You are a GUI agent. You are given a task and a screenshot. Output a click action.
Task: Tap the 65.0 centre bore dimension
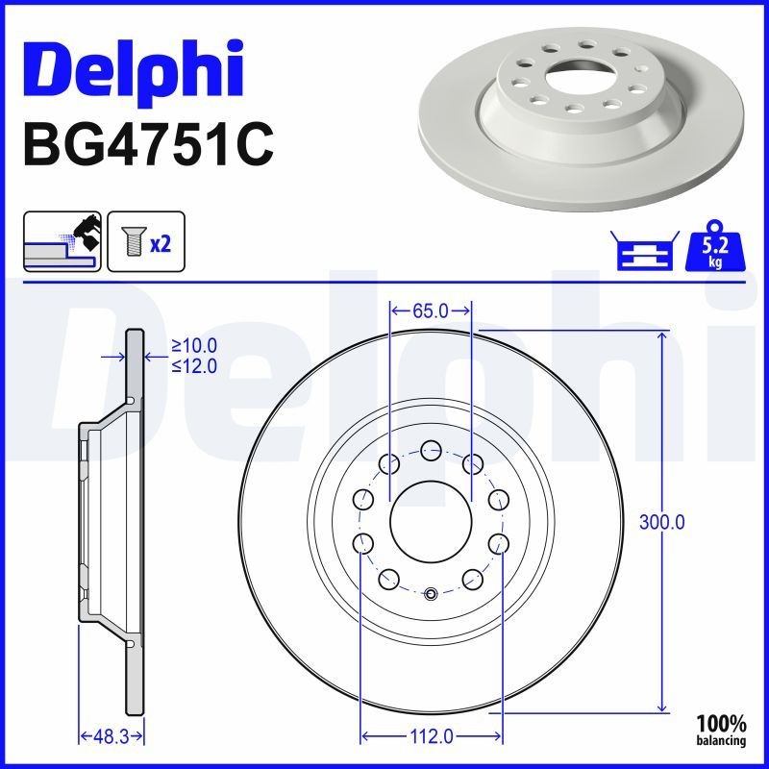click(430, 310)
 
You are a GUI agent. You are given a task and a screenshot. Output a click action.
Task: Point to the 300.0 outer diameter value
click(662, 523)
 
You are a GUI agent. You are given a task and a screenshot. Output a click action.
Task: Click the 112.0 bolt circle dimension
click(430, 736)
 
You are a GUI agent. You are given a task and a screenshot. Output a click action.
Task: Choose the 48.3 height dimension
click(112, 736)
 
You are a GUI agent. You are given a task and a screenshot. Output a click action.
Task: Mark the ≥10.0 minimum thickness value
click(194, 345)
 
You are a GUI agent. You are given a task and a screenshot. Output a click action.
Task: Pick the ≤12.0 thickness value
click(194, 365)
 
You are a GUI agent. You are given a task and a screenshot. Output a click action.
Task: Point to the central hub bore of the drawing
click(430, 523)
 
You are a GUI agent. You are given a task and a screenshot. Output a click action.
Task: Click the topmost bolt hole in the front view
click(430, 448)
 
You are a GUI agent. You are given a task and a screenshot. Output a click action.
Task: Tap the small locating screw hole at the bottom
click(430, 593)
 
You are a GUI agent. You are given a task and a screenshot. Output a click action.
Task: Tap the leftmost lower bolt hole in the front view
click(363, 544)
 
